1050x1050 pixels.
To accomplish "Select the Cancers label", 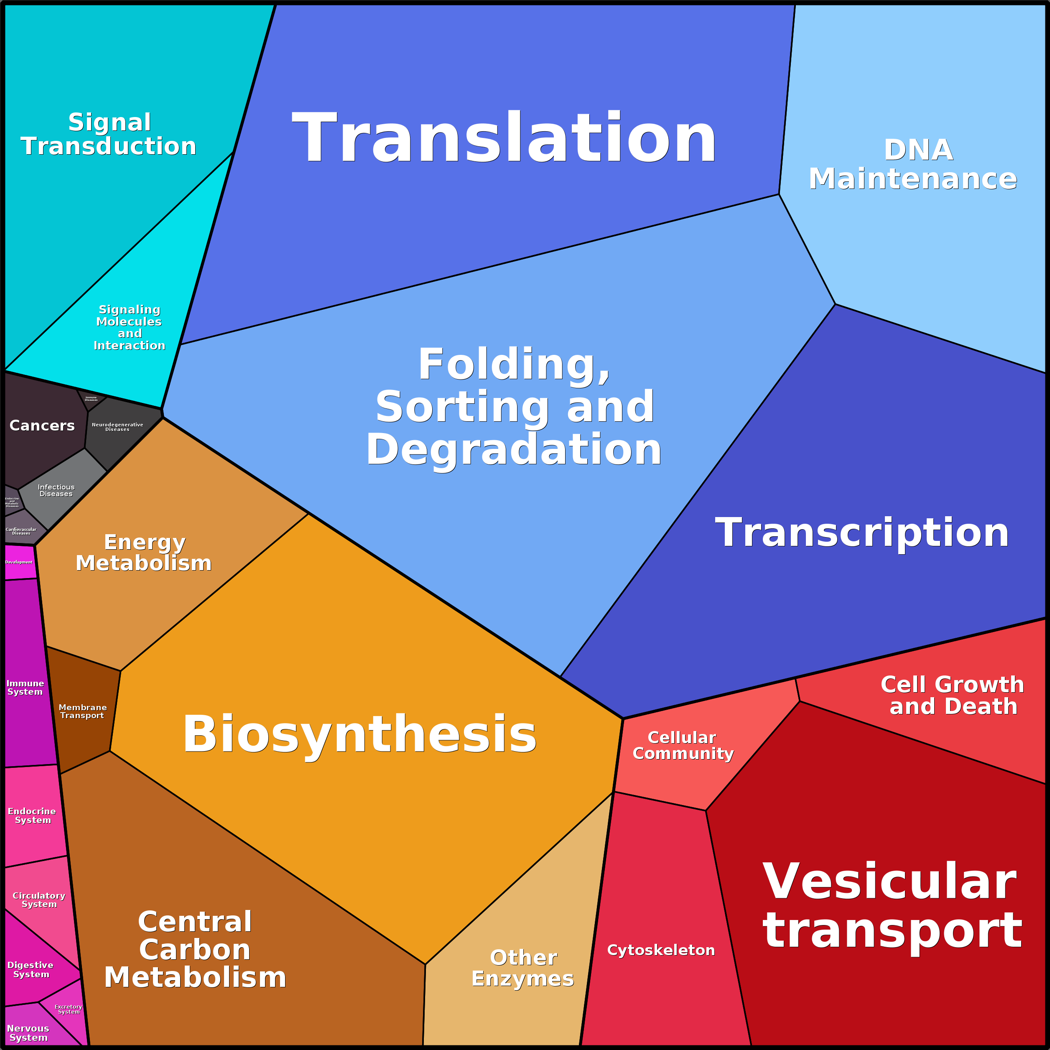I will point(42,426).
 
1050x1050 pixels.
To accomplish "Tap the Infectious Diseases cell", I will point(56,490).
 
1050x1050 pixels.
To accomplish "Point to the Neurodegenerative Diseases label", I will point(117,427).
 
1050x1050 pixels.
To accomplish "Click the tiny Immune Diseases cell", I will point(91,399).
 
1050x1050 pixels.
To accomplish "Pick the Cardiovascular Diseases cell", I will point(21,532).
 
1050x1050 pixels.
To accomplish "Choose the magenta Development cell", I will point(20,563).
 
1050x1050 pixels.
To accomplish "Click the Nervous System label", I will point(28,1032).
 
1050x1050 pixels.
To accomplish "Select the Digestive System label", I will point(31,970).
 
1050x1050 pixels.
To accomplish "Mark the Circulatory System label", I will point(39,900).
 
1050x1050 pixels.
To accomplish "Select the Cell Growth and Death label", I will point(953,696).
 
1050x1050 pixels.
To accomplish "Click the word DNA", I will point(918,150).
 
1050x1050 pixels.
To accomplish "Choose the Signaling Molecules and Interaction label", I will point(129,327).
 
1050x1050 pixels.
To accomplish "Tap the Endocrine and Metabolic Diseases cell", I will point(12,502).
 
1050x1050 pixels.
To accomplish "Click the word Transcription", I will point(862,533).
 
